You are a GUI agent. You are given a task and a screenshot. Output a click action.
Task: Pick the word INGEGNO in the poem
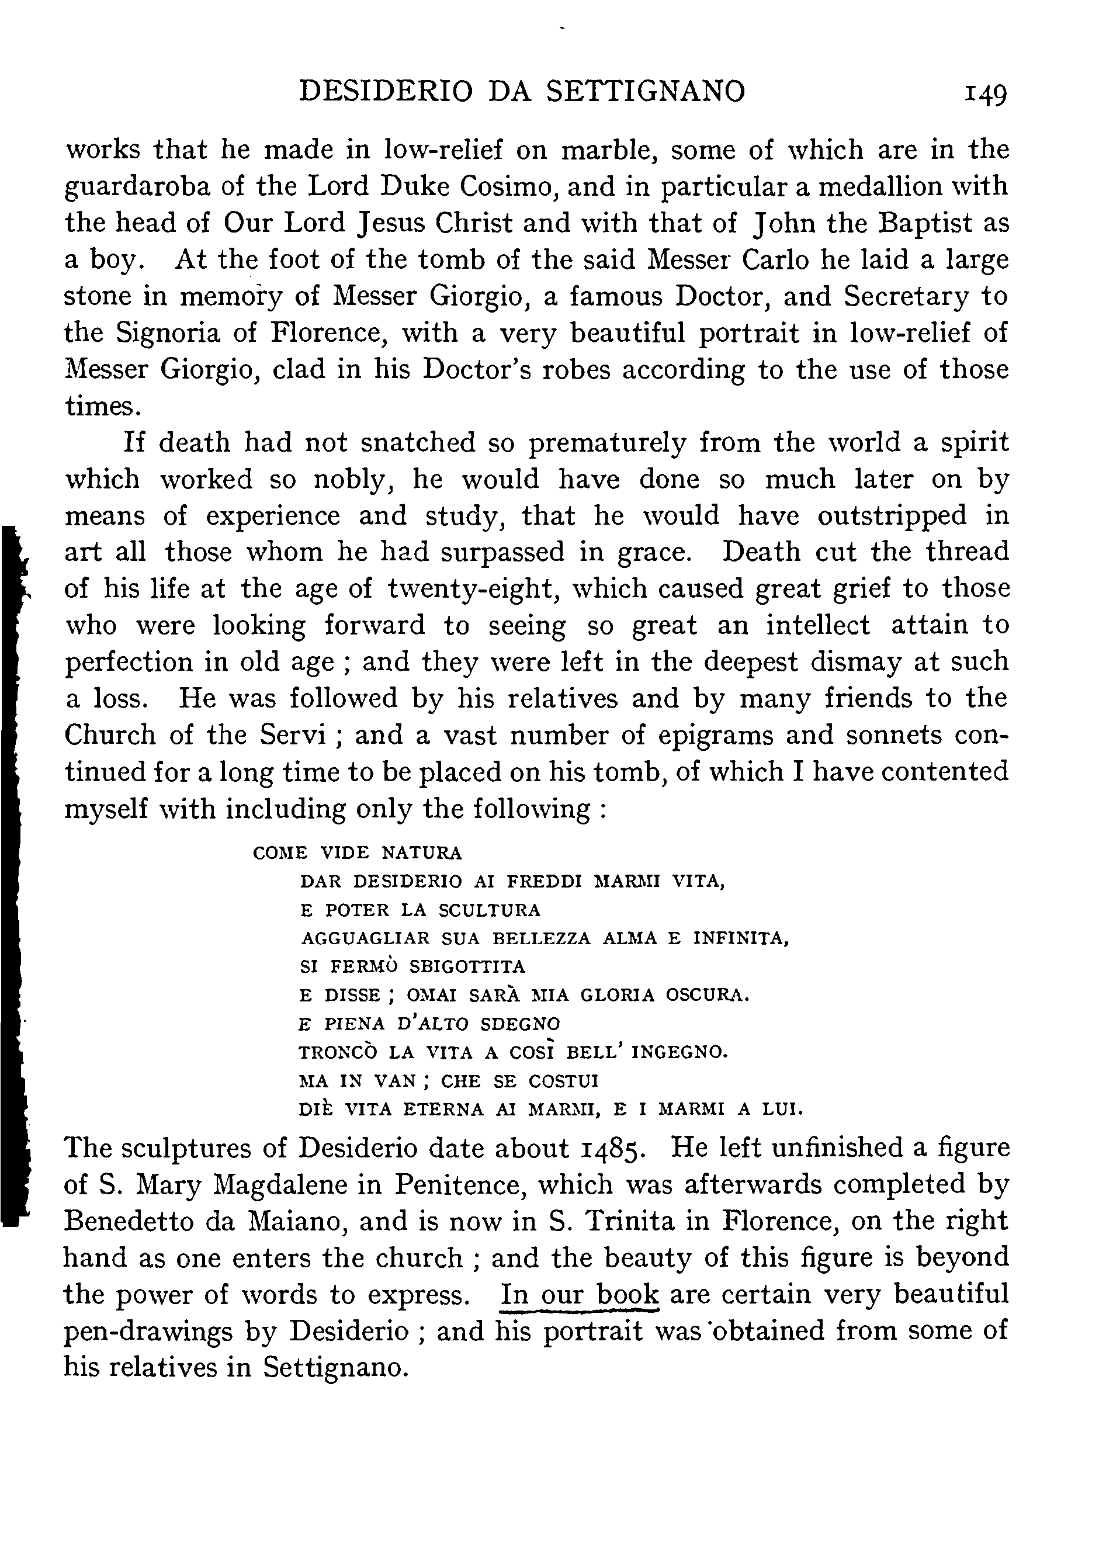click(x=679, y=1052)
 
